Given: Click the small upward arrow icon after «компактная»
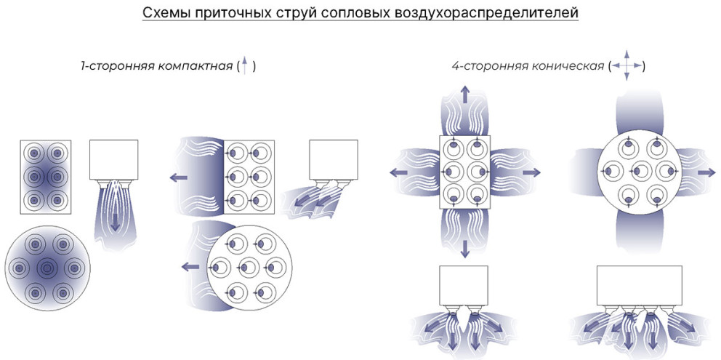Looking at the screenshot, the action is pyautogui.click(x=246, y=65).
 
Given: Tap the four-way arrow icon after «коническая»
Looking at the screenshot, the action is pyautogui.click(x=627, y=66).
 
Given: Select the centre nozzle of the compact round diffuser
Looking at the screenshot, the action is pyautogui.click(x=46, y=267).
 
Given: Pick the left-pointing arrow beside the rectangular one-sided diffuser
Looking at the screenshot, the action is pyautogui.click(x=177, y=176).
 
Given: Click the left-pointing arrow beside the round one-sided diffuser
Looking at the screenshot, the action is pyautogui.click(x=189, y=266).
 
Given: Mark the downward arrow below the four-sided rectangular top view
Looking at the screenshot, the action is pyautogui.click(x=465, y=248).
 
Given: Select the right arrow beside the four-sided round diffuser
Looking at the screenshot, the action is pyautogui.click(x=706, y=172).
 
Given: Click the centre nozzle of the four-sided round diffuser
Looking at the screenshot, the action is pyautogui.click(x=640, y=171).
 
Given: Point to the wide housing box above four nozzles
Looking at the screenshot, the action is pyautogui.click(x=640, y=285).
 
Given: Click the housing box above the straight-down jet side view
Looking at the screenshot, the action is pyautogui.click(x=113, y=159).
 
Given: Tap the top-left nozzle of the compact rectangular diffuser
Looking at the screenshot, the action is pyautogui.click(x=33, y=153).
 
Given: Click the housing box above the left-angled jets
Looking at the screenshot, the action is pyautogui.click(x=334, y=159).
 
